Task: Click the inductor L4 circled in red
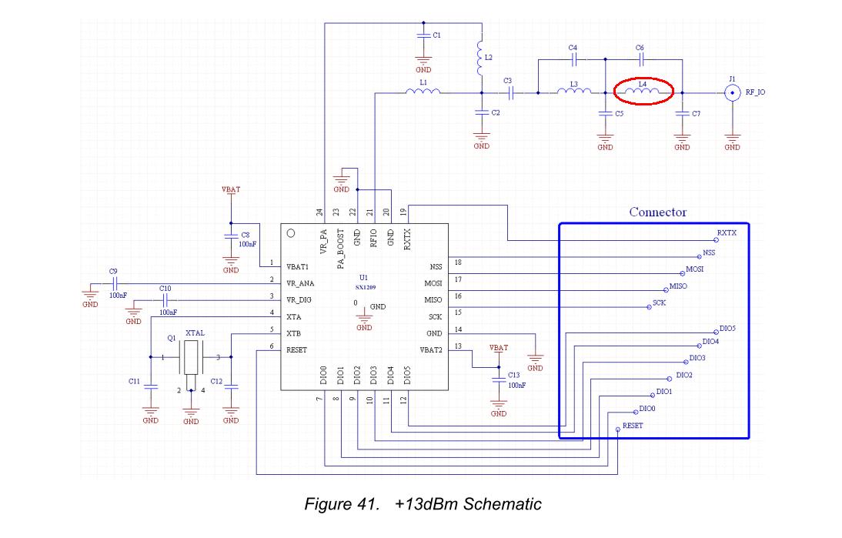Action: click(x=642, y=93)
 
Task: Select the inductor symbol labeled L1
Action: click(x=423, y=93)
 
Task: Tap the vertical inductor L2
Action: click(x=481, y=58)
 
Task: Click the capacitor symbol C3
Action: click(x=509, y=93)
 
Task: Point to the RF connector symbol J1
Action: click(x=731, y=93)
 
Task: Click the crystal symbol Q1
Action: click(x=191, y=357)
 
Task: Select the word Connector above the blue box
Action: click(x=657, y=212)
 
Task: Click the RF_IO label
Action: click(x=755, y=93)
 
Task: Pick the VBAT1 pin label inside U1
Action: click(x=298, y=267)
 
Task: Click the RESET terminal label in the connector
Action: click(x=633, y=426)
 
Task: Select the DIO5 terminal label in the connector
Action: click(x=727, y=329)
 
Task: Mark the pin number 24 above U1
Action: click(x=319, y=212)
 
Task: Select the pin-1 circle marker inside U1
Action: click(x=291, y=233)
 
